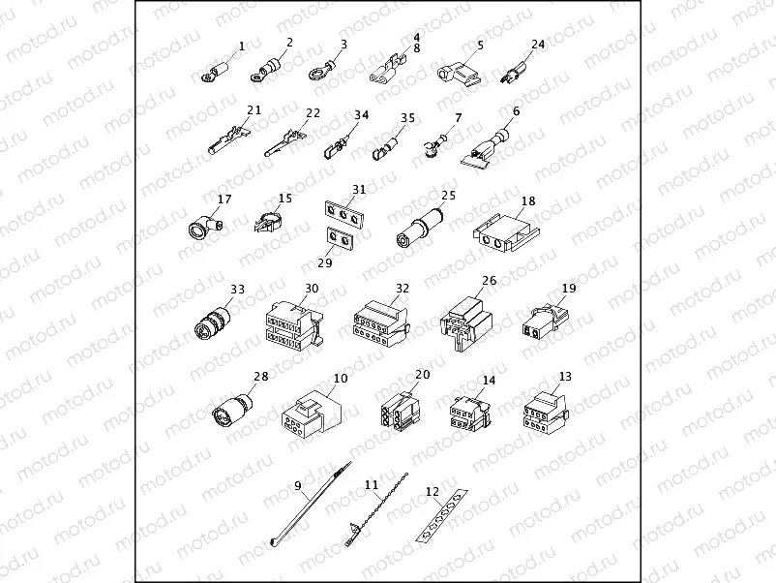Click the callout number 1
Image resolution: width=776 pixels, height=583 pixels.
click(242, 46)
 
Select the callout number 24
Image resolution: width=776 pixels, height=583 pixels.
click(538, 44)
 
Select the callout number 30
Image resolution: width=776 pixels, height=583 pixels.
click(311, 288)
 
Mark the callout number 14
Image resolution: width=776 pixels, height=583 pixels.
click(490, 381)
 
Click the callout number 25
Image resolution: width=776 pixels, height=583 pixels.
click(447, 195)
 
